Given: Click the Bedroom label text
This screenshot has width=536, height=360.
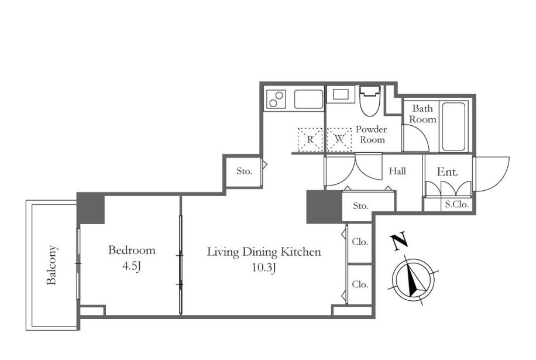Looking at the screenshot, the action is [132, 251].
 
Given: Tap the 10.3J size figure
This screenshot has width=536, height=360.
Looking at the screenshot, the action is [263, 268].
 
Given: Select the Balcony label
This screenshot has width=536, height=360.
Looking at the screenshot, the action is [51, 265].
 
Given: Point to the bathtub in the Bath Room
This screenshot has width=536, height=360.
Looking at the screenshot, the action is [453, 126].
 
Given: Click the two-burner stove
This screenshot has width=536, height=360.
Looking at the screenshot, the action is [276, 99].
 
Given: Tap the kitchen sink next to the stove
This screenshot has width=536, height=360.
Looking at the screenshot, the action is [308, 99].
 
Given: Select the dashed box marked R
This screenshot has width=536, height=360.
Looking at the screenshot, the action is [310, 139].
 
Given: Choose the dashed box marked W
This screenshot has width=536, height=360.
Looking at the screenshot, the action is [339, 139].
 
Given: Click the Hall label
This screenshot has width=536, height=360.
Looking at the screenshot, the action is [397, 171].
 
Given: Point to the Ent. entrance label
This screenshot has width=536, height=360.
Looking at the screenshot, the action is [448, 172].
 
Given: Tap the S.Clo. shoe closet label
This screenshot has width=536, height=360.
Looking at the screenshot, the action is [456, 205].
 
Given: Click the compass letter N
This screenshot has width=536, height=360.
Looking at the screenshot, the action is [399, 241].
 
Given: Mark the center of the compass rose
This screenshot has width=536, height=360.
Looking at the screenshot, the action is [413, 280].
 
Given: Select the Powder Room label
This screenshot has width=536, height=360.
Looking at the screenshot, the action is [372, 135].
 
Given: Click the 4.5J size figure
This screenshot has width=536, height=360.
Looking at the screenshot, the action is [132, 267].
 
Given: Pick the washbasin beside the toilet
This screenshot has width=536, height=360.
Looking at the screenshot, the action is [341, 94].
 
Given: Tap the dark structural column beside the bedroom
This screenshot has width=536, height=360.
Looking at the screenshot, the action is [90, 209].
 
